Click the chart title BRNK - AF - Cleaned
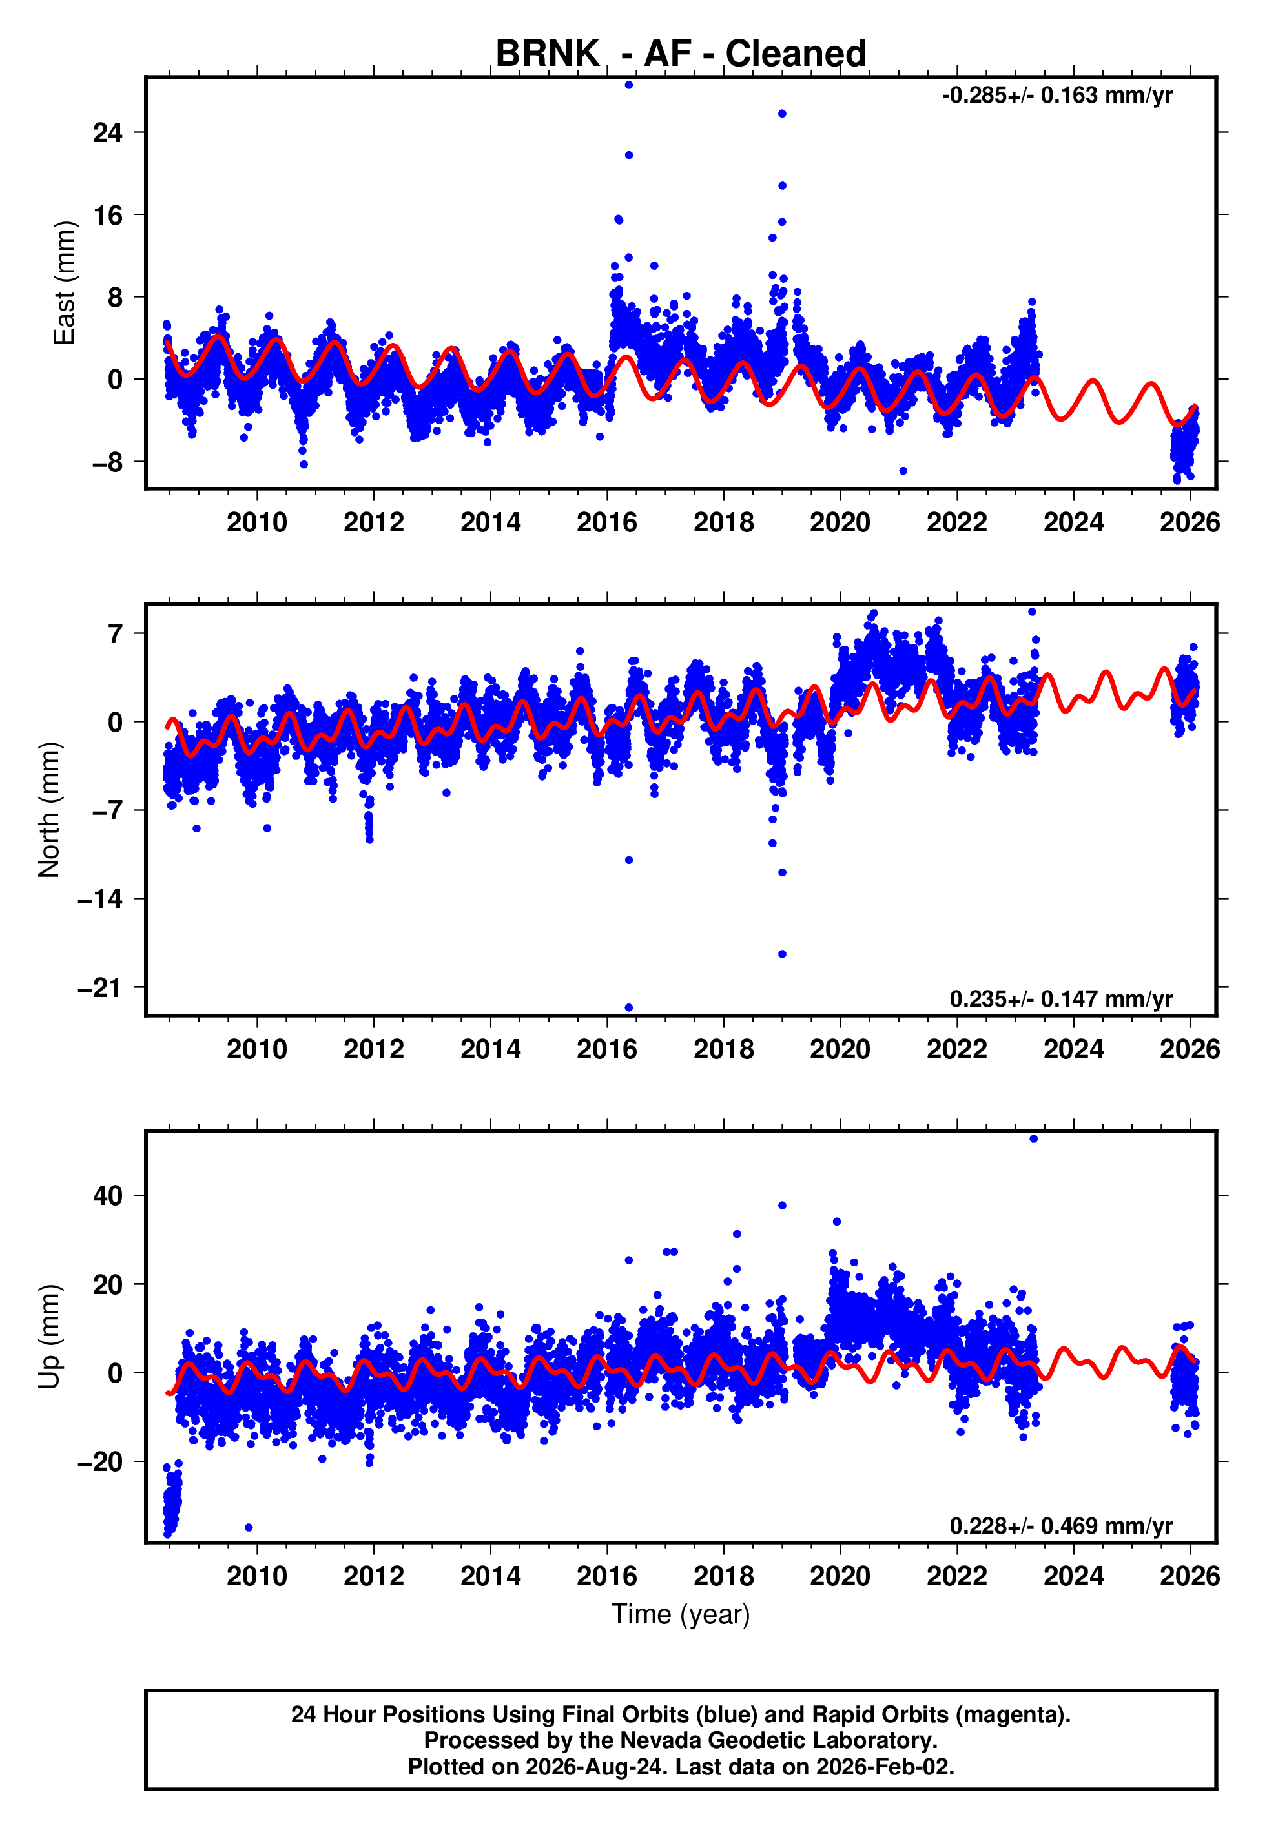point(681,54)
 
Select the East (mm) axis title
point(63,283)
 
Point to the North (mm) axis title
point(48,810)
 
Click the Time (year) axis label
point(681,1614)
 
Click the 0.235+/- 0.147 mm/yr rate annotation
point(1060,998)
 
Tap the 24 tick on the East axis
point(108,132)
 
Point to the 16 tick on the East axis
point(108,215)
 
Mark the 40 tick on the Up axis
point(108,1195)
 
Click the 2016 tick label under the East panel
point(607,522)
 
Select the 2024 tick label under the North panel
point(1073,1049)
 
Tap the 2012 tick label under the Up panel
point(374,1576)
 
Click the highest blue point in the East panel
point(629,85)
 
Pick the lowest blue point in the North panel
point(629,1008)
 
